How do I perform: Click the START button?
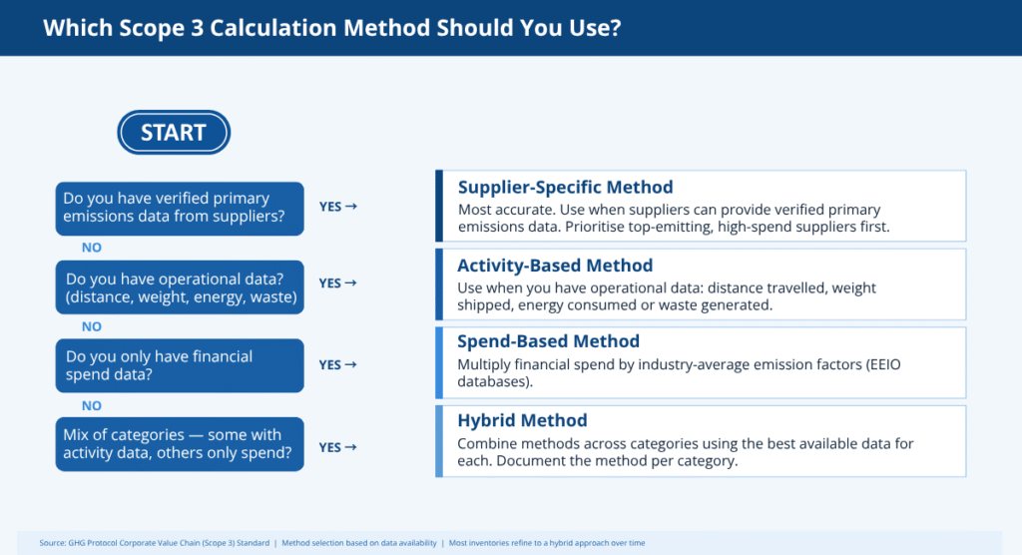point(174,133)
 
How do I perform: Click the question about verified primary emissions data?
point(180,208)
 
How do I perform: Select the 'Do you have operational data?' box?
point(180,286)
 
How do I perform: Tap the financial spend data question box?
point(180,365)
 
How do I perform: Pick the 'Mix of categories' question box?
point(180,444)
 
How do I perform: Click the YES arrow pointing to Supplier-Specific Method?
point(337,207)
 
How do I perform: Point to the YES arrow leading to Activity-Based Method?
point(337,283)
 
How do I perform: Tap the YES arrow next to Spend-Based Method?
point(337,364)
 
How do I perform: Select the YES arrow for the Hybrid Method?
point(337,447)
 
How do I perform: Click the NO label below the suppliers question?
point(91,248)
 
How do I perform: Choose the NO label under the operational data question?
point(91,326)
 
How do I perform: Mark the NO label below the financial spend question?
point(91,405)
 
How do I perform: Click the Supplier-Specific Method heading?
point(565,188)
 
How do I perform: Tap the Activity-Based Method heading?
point(555,266)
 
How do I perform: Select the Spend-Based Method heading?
point(548,341)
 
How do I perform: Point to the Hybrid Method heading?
point(522,420)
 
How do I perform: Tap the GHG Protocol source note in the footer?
point(155,543)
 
